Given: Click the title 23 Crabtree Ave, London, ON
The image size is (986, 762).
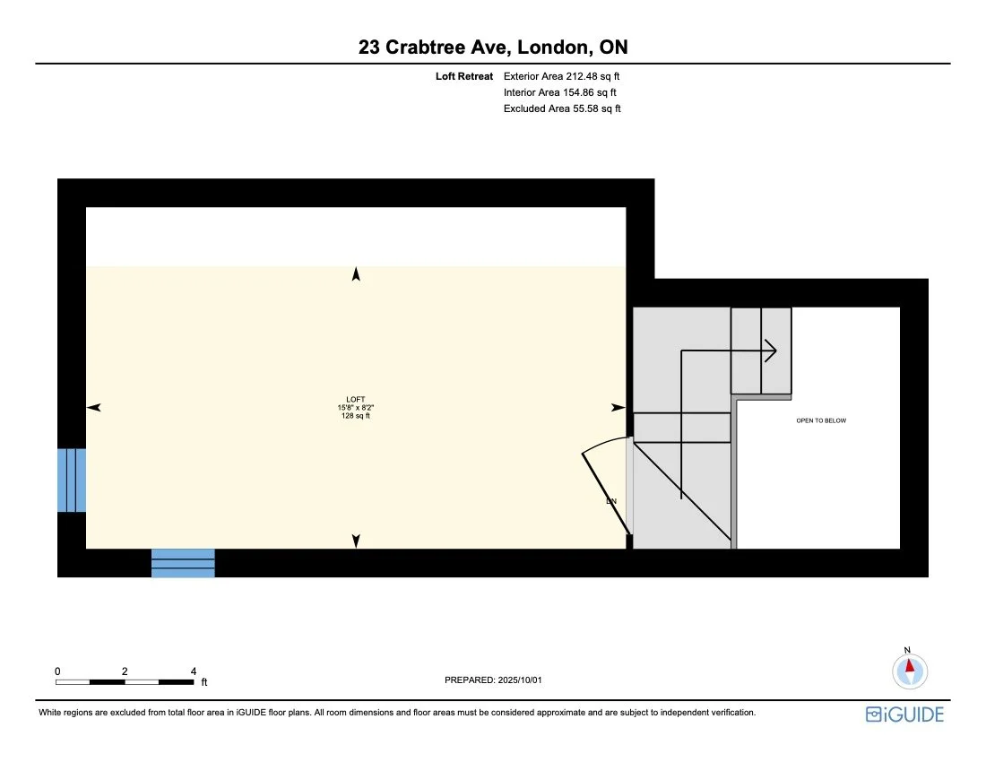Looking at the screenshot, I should [492, 48].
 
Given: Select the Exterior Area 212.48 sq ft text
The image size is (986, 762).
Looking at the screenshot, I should [562, 77].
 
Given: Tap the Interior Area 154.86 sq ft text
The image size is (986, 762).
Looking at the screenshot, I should [560, 92].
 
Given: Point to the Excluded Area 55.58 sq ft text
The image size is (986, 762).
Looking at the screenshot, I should [562, 108].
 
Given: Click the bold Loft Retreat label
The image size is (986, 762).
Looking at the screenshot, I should [464, 77].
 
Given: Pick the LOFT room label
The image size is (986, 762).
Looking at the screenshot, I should [356, 400].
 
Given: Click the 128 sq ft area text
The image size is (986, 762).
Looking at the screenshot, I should [356, 416].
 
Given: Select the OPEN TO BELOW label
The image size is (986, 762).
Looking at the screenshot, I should [821, 420].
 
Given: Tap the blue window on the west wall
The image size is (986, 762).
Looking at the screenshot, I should [72, 480].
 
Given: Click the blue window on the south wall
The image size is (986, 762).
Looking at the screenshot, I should [183, 563].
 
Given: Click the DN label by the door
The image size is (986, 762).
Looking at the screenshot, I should [611, 501].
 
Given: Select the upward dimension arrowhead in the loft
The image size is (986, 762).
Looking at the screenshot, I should [356, 274].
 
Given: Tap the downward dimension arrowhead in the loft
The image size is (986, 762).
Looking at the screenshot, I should [356, 541].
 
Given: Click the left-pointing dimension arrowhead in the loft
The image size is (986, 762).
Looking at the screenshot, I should [93, 408].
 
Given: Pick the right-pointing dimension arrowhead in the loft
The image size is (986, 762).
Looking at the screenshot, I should [618, 408].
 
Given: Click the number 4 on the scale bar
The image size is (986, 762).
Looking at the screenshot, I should [194, 671].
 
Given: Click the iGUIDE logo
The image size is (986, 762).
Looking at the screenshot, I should [904, 714].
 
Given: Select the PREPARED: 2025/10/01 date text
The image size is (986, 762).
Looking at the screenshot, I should [493, 680].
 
